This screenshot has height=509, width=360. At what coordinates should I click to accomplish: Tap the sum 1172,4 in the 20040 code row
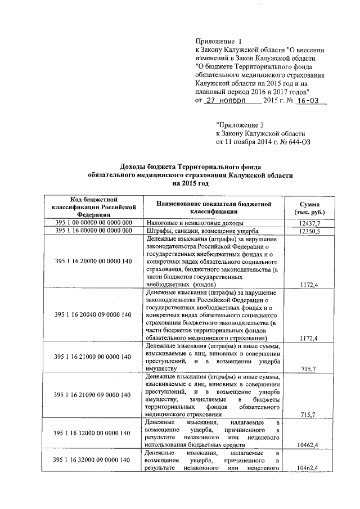click(x=309, y=338)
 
